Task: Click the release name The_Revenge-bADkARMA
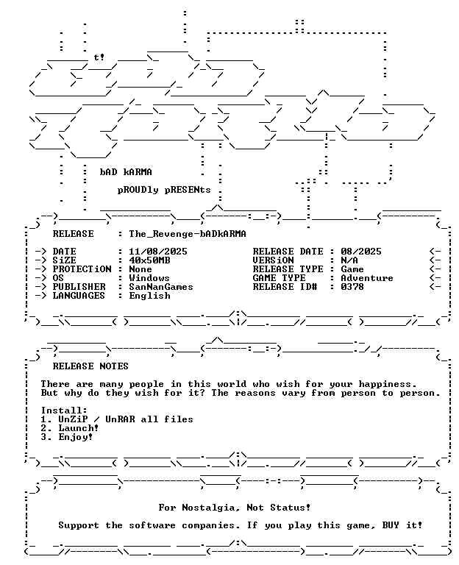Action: click(x=188, y=234)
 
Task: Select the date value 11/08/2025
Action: click(x=158, y=252)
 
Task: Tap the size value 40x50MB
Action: click(x=149, y=260)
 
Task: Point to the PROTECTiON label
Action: click(x=82, y=269)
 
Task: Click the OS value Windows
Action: click(x=149, y=278)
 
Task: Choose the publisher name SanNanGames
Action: click(x=161, y=287)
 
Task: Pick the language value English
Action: click(x=149, y=296)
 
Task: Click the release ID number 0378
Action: click(x=352, y=287)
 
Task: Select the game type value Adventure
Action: click(x=367, y=278)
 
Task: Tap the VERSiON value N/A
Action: click(x=349, y=260)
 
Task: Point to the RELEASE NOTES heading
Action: click(x=90, y=366)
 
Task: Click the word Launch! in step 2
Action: click(x=79, y=428)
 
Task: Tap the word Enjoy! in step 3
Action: click(x=76, y=437)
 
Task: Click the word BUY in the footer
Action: click(x=391, y=525)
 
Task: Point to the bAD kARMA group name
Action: click(x=126, y=172)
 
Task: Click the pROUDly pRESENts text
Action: click(x=164, y=190)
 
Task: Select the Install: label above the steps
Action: click(x=64, y=411)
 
